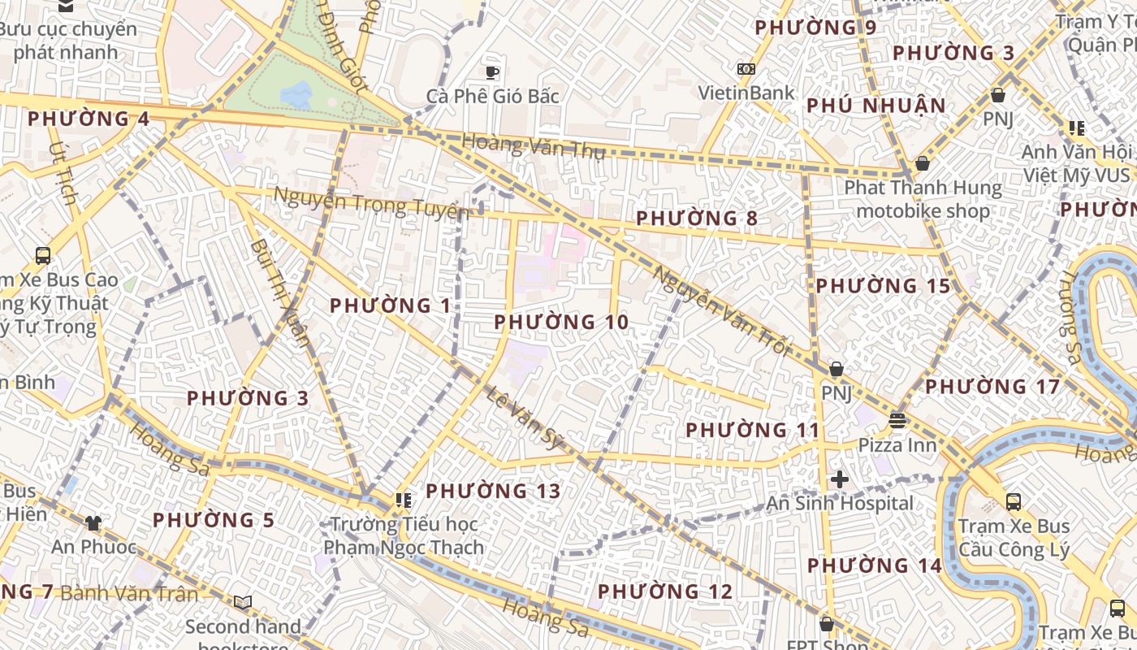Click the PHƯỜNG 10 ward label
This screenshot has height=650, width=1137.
[x=561, y=323]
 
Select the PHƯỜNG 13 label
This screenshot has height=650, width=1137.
[x=493, y=492]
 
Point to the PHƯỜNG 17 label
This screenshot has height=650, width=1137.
[x=992, y=387]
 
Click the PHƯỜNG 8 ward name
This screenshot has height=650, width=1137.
[x=696, y=219]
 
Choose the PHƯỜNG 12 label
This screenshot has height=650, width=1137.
[x=665, y=591]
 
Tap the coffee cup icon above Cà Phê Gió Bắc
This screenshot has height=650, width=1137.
[x=491, y=72]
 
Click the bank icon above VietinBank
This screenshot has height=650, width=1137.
[x=746, y=69]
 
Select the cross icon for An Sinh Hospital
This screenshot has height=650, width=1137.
[x=840, y=479]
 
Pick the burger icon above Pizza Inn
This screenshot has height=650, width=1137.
[x=897, y=421]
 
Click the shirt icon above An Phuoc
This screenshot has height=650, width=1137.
[x=94, y=523]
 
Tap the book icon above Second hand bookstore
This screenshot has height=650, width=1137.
[x=242, y=602]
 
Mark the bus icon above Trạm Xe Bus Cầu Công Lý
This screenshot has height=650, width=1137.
[x=1013, y=501]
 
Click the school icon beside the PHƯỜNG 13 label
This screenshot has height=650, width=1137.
[x=403, y=500]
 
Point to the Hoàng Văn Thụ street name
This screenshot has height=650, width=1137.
[x=534, y=146]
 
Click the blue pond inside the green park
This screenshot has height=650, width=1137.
[x=296, y=95]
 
